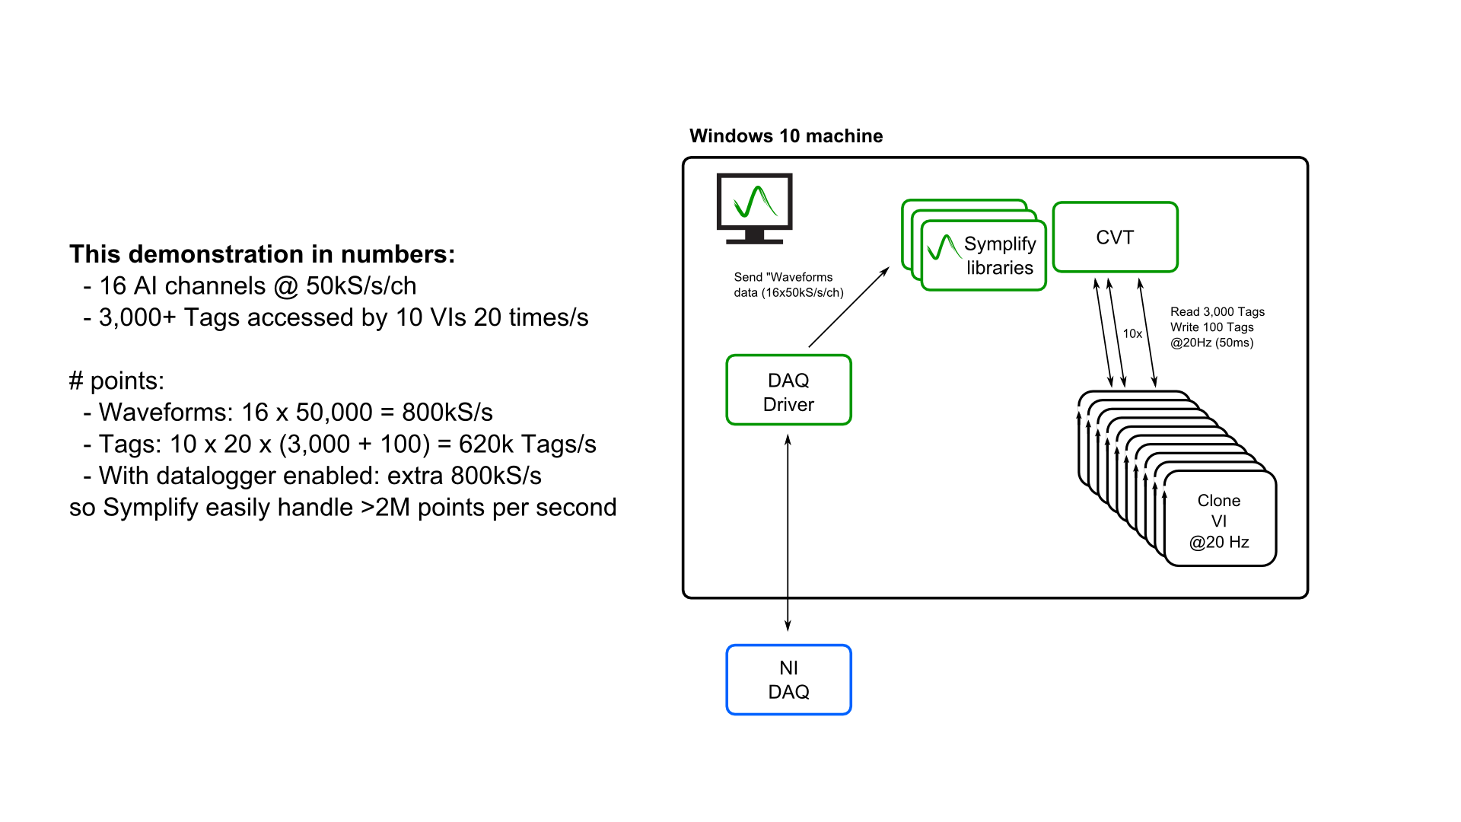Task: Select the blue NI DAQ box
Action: tap(788, 680)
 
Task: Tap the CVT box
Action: tap(1115, 237)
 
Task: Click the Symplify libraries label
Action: tap(999, 256)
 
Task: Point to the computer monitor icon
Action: tap(754, 208)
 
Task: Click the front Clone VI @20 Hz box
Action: tap(1219, 521)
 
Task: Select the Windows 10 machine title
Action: tap(785, 136)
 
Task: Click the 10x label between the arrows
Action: tap(1132, 333)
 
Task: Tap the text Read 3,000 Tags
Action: tap(1217, 312)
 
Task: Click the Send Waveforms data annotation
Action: tap(788, 285)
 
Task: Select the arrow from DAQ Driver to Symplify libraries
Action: tap(848, 307)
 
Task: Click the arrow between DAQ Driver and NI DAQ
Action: tap(788, 533)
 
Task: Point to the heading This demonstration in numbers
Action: tap(262, 254)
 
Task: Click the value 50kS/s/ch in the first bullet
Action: tap(361, 286)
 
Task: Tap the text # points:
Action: tap(116, 381)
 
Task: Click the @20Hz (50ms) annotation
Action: tap(1211, 342)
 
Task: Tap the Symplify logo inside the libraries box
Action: tap(943, 248)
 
